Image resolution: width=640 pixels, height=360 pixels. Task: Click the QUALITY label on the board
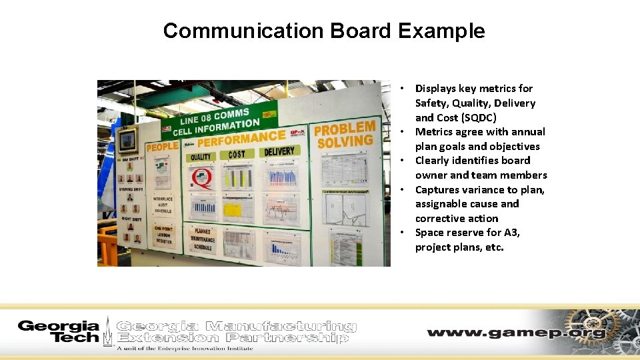pyautogui.click(x=201, y=157)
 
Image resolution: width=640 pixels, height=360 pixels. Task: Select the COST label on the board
pyautogui.click(x=237, y=155)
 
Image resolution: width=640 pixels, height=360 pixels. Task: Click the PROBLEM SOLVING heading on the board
pyautogui.click(x=345, y=135)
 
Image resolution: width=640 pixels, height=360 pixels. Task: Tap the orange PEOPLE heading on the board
pyautogui.click(x=162, y=146)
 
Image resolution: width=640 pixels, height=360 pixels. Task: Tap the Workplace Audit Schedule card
pyautogui.click(x=163, y=205)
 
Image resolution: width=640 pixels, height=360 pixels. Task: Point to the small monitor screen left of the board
pyautogui.click(x=127, y=141)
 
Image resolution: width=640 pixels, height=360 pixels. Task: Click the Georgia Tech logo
pyautogui.click(x=59, y=331)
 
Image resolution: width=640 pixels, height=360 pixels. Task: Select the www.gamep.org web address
pyautogui.click(x=516, y=333)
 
